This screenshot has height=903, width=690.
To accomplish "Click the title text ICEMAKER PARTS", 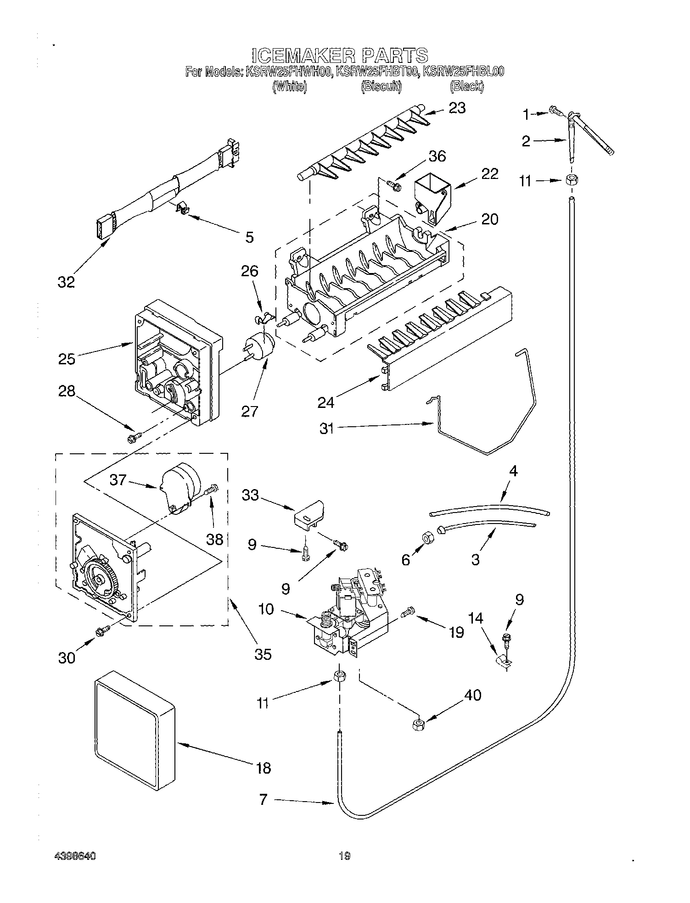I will (340, 55).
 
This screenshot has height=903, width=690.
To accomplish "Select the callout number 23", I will (457, 108).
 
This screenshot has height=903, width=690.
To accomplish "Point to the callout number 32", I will (66, 282).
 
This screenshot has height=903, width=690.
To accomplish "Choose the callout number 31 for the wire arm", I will (327, 429).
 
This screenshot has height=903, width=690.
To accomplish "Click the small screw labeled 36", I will (394, 185).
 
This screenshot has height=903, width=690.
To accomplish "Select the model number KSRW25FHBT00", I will (376, 72).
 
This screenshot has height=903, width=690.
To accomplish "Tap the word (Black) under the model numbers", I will (466, 86).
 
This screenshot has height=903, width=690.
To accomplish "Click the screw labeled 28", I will (133, 439).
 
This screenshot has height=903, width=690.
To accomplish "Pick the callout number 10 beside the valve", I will (266, 609).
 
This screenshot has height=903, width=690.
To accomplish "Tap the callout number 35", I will (263, 653).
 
